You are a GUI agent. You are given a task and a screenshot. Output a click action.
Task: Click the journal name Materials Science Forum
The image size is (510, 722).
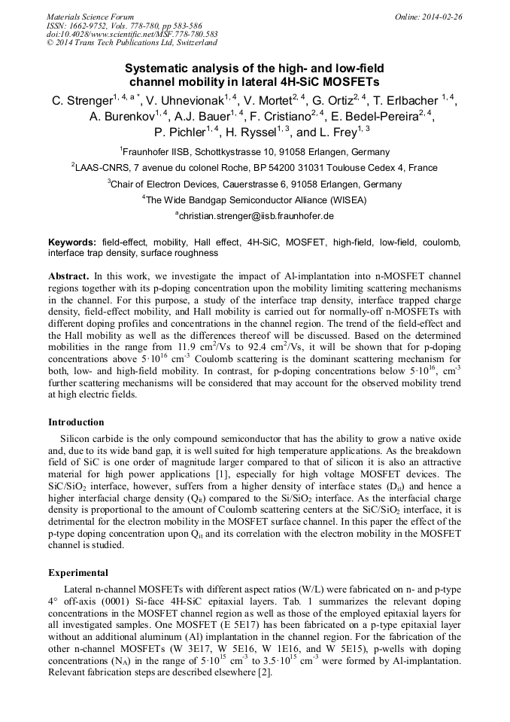click(x=90, y=16)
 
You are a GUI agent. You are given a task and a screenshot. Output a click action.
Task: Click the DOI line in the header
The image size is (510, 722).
click(x=132, y=34)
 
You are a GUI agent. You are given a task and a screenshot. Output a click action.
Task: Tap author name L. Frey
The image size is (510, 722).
click(x=344, y=133)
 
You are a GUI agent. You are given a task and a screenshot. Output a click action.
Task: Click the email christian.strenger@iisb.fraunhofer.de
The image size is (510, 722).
click(x=256, y=216)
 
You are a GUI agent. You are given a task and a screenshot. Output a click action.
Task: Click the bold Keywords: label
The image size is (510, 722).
click(x=72, y=243)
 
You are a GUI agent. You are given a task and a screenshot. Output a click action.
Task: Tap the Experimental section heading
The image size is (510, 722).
click(x=77, y=572)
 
